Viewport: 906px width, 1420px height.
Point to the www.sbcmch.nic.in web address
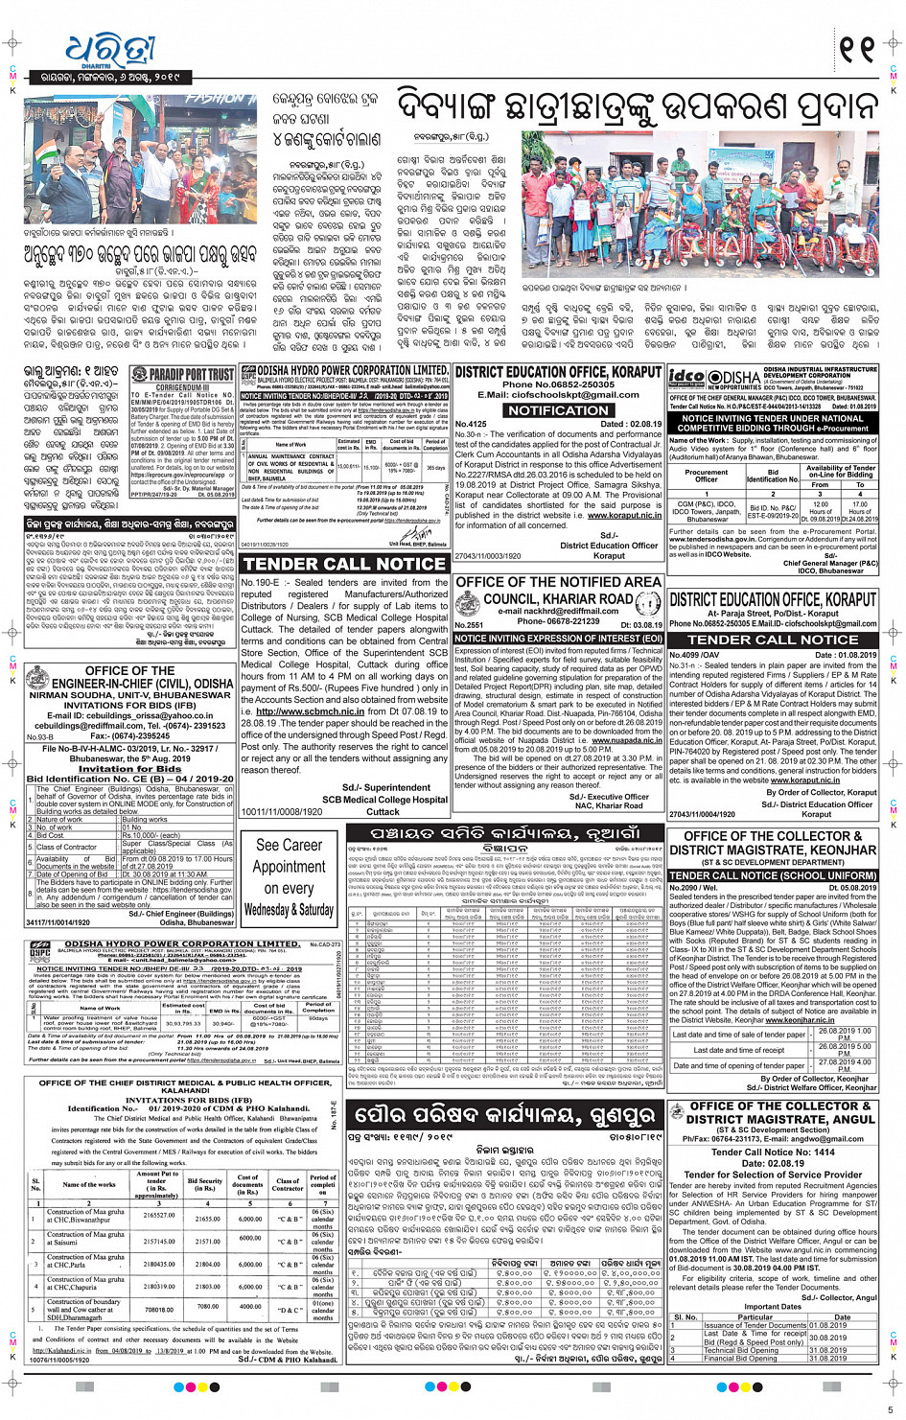(305, 711)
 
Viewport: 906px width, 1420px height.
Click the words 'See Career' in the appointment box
(289, 845)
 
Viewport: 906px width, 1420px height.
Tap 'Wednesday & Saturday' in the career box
(289, 909)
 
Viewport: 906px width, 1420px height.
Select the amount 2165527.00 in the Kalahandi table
(158, 1216)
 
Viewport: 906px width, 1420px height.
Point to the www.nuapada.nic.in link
(626, 740)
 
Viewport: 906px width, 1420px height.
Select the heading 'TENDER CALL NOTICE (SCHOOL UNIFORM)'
(773, 875)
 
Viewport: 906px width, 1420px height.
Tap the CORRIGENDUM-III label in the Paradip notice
(179, 387)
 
